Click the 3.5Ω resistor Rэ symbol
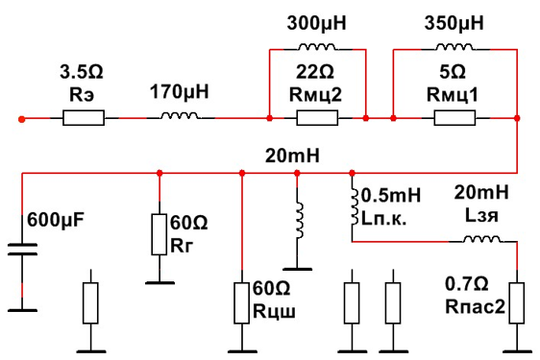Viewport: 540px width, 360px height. [x=84, y=118]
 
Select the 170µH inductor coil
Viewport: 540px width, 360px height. [x=180, y=115]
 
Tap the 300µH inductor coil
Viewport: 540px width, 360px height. [x=317, y=47]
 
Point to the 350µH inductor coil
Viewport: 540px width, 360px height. [x=454, y=47]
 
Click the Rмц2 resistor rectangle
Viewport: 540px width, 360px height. [x=317, y=118]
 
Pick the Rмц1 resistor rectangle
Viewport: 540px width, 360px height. [x=454, y=118]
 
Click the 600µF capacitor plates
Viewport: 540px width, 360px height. [x=22, y=250]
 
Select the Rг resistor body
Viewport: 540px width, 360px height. [x=160, y=234]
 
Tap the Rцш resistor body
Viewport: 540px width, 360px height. [x=242, y=303]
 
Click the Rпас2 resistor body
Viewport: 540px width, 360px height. [x=517, y=303]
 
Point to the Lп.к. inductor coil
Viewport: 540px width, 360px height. [x=355, y=206]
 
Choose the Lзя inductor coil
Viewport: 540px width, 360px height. [x=481, y=239]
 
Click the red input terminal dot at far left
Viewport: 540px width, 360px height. [x=22, y=119]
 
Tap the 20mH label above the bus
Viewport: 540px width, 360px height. [x=292, y=156]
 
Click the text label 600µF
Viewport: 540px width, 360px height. [x=56, y=220]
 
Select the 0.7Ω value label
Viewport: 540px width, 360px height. [x=467, y=284]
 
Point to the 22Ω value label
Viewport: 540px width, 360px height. [x=315, y=72]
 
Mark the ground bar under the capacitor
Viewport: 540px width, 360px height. [x=22, y=310]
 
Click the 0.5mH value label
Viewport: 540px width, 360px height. [x=391, y=196]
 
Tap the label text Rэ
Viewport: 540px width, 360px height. [x=82, y=95]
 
